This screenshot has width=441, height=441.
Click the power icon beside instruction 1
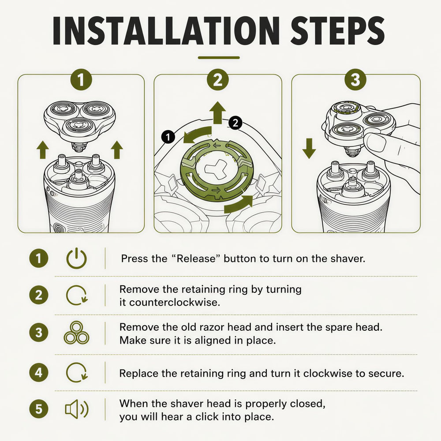click(x=76, y=258)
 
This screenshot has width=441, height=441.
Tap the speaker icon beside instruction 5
click(x=77, y=409)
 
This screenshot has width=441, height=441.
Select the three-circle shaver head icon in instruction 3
click(x=76, y=333)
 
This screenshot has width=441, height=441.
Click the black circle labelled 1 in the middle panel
click(x=168, y=137)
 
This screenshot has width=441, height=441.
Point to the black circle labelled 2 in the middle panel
click(x=235, y=123)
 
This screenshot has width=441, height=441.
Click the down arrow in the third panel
click(x=309, y=149)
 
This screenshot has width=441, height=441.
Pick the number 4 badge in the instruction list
click(x=38, y=373)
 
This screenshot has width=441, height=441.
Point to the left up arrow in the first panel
click(x=43, y=150)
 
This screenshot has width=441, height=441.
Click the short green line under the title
click(x=219, y=58)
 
